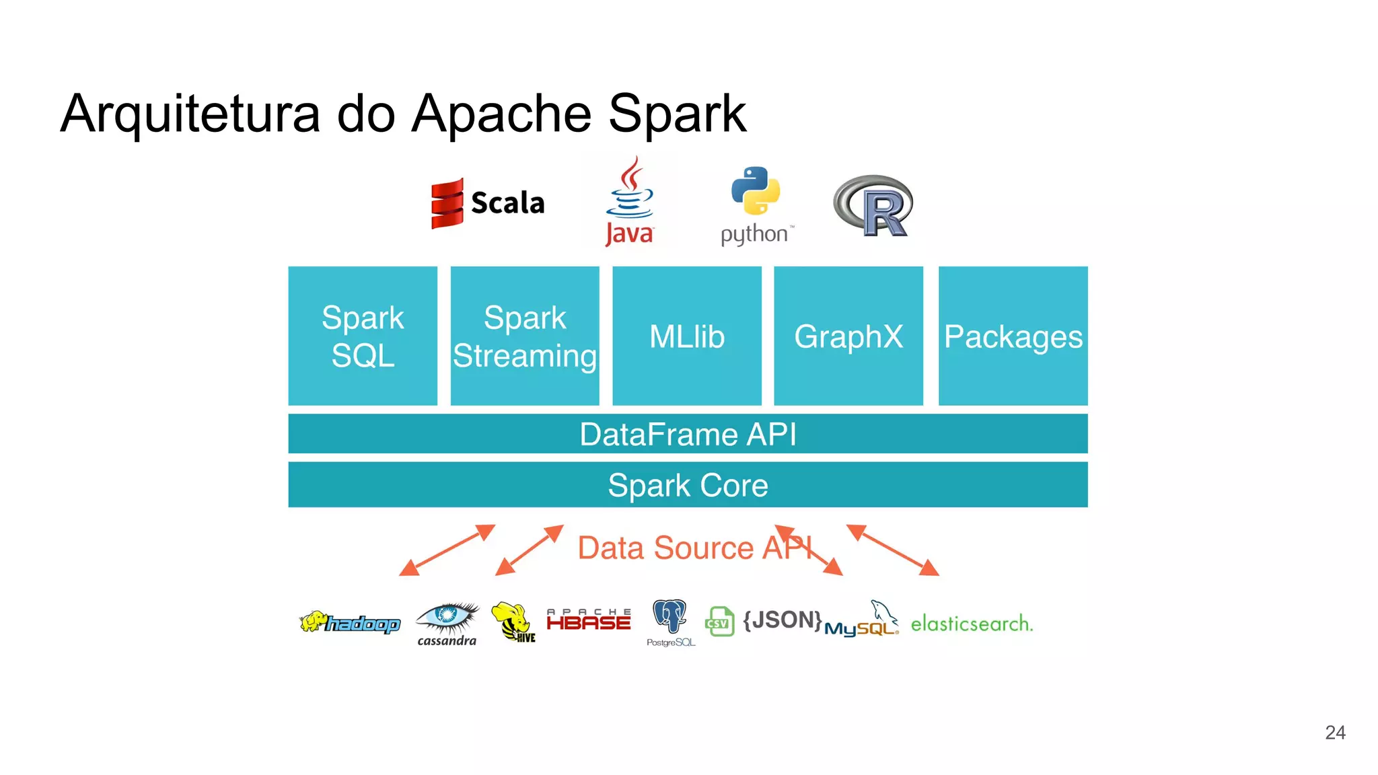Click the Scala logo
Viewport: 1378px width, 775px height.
488,202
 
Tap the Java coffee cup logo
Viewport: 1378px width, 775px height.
630,202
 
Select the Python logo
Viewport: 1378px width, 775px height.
756,205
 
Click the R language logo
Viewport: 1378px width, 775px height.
874,206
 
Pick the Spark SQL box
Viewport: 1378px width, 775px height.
363,336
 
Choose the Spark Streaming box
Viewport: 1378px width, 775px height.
525,336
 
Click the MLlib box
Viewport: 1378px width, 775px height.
687,336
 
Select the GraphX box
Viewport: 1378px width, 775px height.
848,336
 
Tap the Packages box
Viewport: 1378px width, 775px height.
1013,336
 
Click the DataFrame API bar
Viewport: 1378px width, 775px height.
688,434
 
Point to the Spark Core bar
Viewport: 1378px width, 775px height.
688,485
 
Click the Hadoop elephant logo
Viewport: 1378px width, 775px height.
350,622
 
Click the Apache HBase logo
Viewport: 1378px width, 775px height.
589,620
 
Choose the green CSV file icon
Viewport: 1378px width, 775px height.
719,622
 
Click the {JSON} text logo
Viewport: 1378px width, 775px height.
782,620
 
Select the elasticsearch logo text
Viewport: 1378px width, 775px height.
971,624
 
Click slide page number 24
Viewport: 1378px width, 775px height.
1335,733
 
